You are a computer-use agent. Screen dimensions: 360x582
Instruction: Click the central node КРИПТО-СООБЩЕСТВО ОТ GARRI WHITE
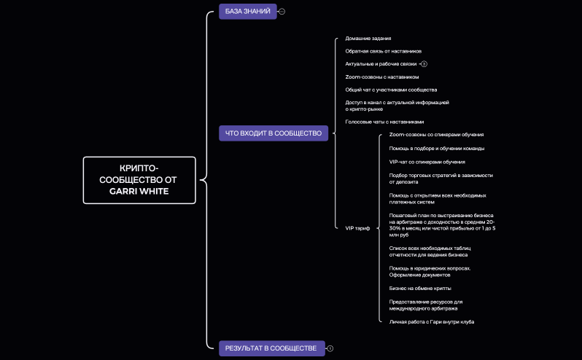pyautogui.click(x=139, y=179)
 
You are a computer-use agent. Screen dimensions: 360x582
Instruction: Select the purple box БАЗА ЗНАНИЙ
pyautogui.click(x=247, y=11)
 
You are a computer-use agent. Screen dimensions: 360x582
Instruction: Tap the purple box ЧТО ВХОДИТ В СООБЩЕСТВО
pyautogui.click(x=273, y=133)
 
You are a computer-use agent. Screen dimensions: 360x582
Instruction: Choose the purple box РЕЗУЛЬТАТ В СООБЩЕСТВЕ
pyautogui.click(x=271, y=348)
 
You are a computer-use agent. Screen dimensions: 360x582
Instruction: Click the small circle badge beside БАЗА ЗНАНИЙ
pyautogui.click(x=282, y=12)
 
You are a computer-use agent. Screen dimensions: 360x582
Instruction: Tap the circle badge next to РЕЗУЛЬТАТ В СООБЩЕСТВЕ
pyautogui.click(x=330, y=348)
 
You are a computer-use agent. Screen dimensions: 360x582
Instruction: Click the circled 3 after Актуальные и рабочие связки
pyautogui.click(x=424, y=63)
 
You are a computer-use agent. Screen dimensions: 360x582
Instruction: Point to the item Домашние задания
pyautogui.click(x=368, y=38)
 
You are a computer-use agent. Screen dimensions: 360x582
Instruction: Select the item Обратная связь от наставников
pyautogui.click(x=383, y=51)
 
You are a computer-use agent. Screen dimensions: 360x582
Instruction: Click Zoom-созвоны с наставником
pyautogui.click(x=382, y=77)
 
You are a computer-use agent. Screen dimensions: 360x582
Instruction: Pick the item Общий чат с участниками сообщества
pyautogui.click(x=391, y=90)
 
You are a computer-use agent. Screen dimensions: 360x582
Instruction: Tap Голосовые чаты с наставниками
pyautogui.click(x=384, y=122)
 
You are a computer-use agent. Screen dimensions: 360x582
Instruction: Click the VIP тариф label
pyautogui.click(x=357, y=228)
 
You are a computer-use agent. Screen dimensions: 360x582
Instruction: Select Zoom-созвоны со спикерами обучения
pyautogui.click(x=436, y=135)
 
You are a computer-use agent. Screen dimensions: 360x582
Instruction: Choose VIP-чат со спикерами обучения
pyautogui.click(x=427, y=162)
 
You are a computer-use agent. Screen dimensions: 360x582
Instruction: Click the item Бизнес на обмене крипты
pyautogui.click(x=424, y=288)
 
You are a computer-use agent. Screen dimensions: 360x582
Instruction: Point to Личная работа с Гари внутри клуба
pyautogui.click(x=436, y=321)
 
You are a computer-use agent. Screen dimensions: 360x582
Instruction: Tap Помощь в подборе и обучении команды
pyautogui.click(x=437, y=149)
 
